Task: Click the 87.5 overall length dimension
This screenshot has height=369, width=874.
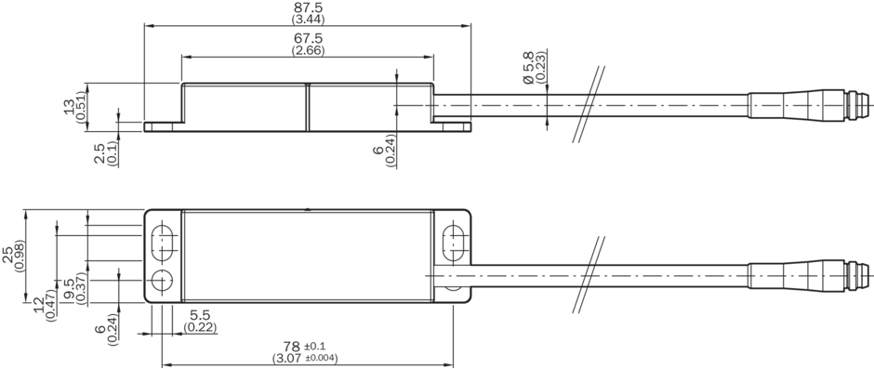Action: click(x=308, y=7)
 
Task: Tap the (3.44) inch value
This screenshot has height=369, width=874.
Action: click(x=309, y=20)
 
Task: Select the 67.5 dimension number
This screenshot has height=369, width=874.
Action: click(x=308, y=39)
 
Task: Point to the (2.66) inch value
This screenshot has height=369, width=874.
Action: click(x=309, y=51)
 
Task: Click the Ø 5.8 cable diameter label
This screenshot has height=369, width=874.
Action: click(x=528, y=68)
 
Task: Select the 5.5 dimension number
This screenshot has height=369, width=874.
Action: click(x=200, y=315)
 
